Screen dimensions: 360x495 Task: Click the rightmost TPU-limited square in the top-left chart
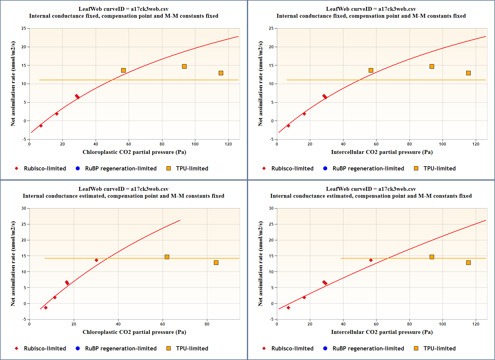tap(221, 73)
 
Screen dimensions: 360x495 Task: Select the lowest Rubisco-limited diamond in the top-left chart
tap(41, 126)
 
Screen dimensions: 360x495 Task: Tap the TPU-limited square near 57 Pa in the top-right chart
tap(371, 70)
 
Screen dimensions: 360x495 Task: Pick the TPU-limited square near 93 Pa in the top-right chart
tap(432, 66)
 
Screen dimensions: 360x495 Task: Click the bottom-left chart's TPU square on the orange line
tap(167, 257)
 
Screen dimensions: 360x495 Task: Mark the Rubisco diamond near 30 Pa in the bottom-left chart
tap(96, 260)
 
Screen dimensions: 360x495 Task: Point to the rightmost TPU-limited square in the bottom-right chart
tap(468, 262)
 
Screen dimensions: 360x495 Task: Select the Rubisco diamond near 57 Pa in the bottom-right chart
tap(371, 260)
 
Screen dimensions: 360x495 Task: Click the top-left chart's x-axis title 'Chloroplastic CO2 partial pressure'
tap(134, 152)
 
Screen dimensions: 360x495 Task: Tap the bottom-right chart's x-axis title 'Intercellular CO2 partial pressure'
tap(382, 332)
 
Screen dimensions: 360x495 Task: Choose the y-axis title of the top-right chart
tap(260, 84)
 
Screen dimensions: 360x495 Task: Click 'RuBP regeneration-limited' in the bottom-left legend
tap(121, 348)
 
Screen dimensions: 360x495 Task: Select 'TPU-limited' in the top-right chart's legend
tap(439, 168)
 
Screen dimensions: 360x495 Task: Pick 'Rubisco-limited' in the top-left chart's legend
tap(45, 168)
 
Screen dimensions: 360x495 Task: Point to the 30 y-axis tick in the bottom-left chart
tap(24, 208)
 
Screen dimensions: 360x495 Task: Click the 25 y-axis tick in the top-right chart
tap(271, 28)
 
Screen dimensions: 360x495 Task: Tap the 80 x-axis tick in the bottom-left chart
tap(207, 324)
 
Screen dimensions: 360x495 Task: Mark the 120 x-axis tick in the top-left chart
tap(228, 144)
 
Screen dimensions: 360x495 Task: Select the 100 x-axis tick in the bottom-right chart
tap(442, 324)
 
